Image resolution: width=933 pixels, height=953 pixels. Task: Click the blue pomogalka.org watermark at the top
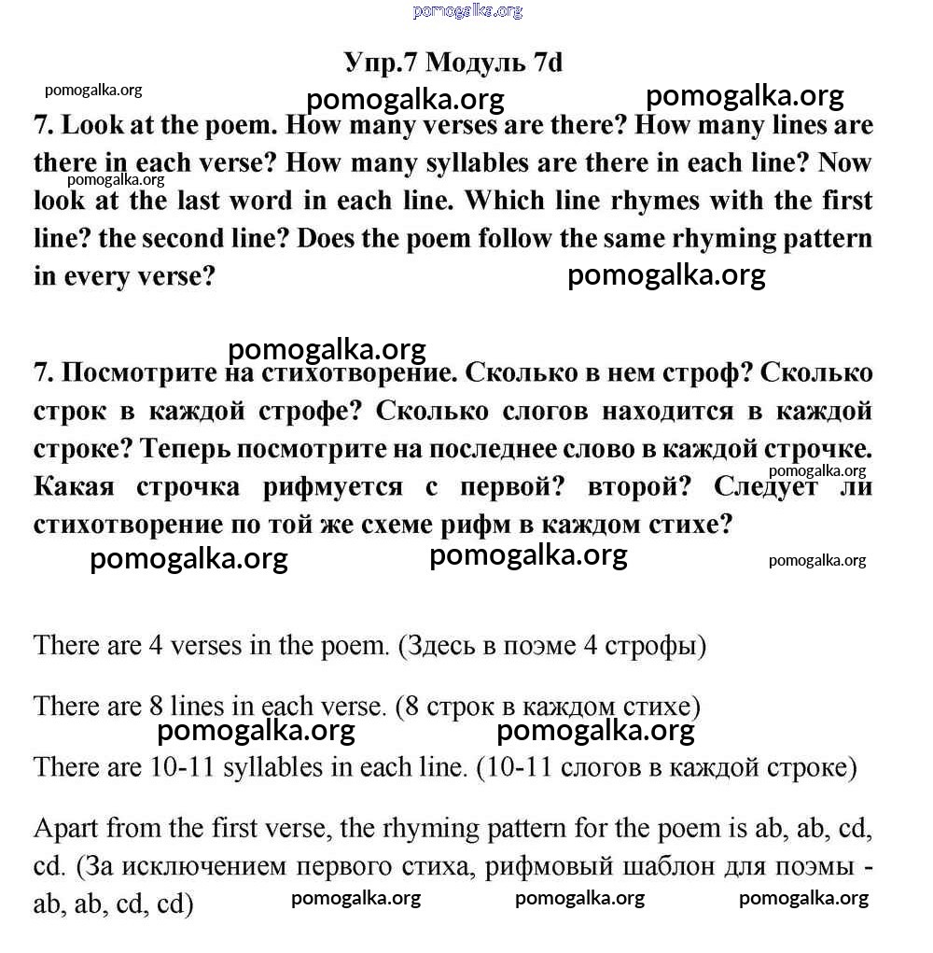[x=467, y=11]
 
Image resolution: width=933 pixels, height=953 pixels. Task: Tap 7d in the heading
[x=549, y=63]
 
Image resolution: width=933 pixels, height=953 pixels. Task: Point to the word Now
[x=845, y=162]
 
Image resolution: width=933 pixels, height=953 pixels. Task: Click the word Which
[x=504, y=200]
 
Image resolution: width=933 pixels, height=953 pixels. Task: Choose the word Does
[x=330, y=237]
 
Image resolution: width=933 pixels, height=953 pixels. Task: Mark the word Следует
[x=767, y=486]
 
